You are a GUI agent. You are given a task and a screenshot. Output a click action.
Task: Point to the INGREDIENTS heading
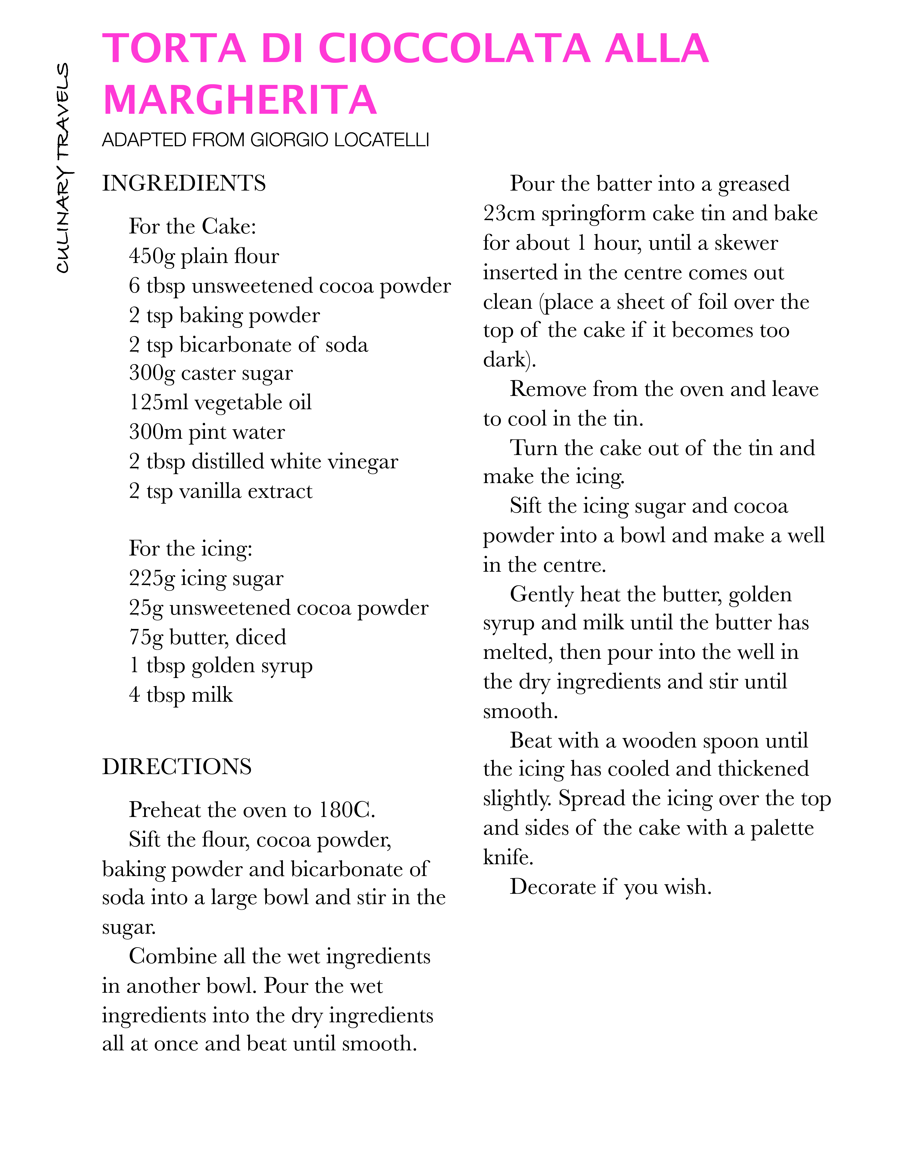click(x=184, y=183)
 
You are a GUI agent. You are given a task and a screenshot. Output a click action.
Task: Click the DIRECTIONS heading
click(x=177, y=767)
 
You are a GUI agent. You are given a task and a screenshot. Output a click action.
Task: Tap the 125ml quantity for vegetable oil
click(x=159, y=402)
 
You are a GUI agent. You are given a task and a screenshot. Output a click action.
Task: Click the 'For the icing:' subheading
click(x=191, y=549)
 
